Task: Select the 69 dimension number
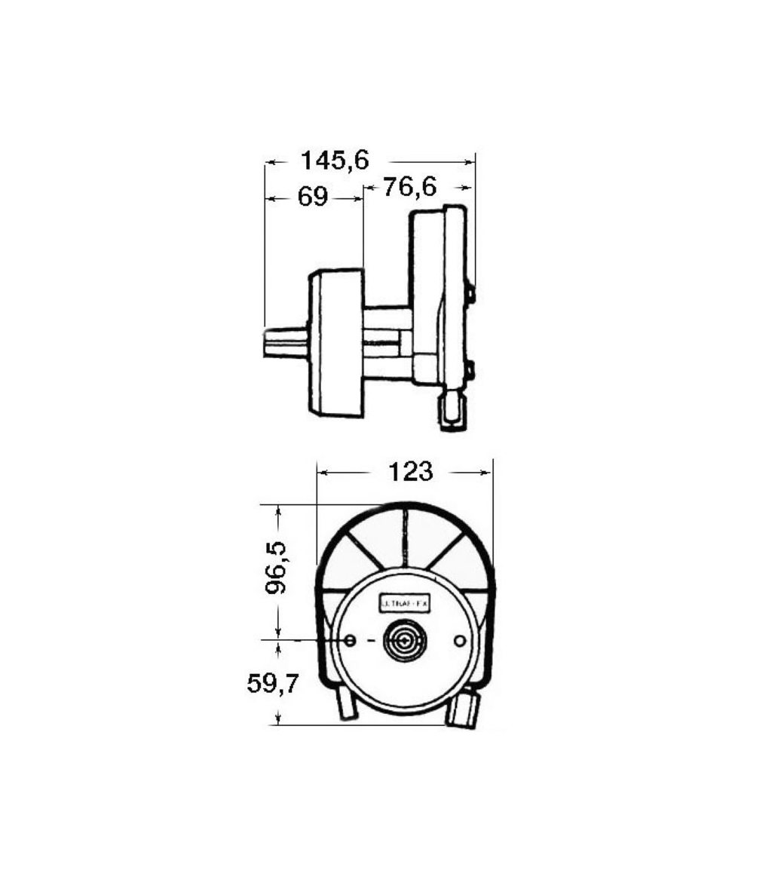pos(313,198)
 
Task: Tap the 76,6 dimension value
pos(409,186)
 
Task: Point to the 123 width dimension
pos(411,472)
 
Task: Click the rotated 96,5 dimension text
pos(280,571)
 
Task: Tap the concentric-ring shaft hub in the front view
pos(405,641)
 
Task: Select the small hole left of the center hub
pos(351,640)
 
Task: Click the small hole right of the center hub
pos(460,640)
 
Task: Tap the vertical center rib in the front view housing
pos(405,537)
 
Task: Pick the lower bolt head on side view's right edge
pos(470,370)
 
